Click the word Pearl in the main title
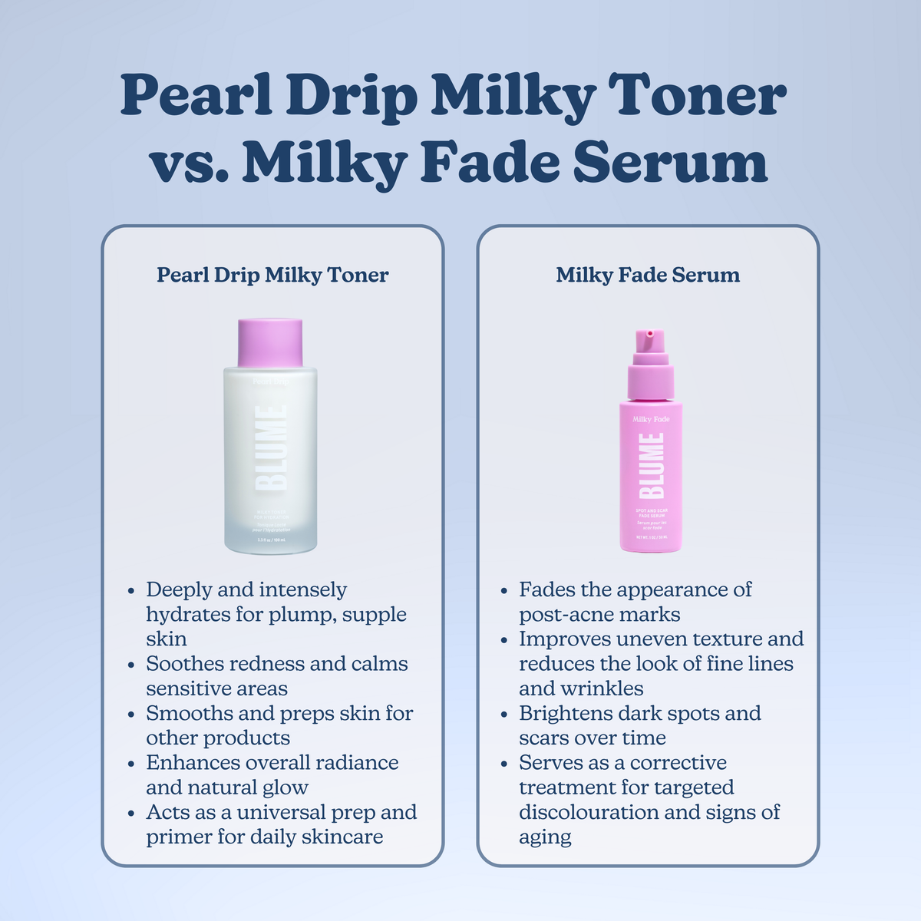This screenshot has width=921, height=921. coord(195,96)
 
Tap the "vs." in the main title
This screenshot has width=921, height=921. coord(188,163)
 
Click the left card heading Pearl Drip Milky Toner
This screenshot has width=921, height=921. coord(272,275)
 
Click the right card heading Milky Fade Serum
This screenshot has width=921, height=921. coord(648,275)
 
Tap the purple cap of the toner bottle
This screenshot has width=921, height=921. coord(269,342)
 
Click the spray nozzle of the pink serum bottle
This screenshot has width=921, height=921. coord(649,336)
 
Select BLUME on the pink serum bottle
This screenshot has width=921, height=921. coord(652,465)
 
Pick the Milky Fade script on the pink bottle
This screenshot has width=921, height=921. coord(651,419)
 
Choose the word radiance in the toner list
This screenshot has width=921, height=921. coord(359,763)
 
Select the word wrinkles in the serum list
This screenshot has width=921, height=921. coord(602,688)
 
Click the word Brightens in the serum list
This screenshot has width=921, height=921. coord(563,713)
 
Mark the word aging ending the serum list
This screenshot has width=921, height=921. coord(545,837)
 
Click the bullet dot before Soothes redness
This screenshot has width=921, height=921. coord(131,665)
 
